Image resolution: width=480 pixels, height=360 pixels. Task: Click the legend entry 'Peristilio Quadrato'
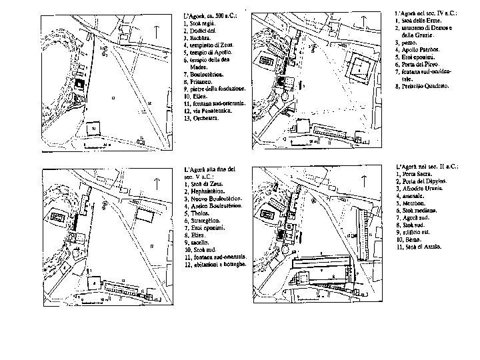point(423,87)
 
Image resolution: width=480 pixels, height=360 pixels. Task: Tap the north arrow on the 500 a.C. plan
point(155,30)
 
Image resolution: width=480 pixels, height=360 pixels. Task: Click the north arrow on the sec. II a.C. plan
point(365,181)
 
